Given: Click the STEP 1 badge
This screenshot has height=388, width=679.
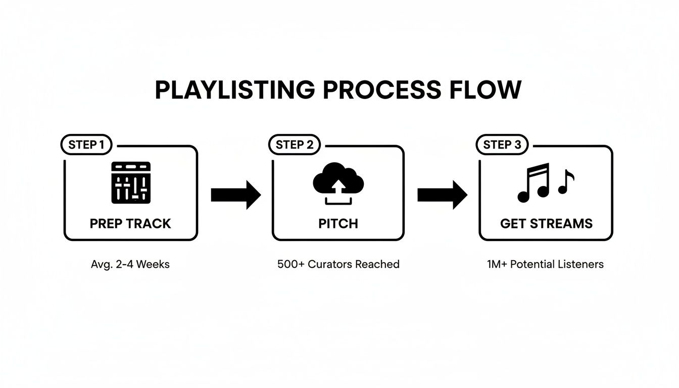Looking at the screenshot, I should (x=86, y=145).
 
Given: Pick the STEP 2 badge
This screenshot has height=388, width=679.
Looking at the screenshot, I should (x=295, y=145).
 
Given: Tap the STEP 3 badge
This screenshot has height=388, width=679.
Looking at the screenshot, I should (x=502, y=145).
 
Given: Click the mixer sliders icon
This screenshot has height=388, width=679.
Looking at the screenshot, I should (x=130, y=182).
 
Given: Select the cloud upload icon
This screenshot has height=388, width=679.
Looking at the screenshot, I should (x=338, y=184).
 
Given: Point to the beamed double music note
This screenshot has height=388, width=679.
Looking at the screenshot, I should (x=533, y=183).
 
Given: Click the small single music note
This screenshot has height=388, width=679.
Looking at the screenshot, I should (x=566, y=182).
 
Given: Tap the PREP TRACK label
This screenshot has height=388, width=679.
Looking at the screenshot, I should (x=130, y=223).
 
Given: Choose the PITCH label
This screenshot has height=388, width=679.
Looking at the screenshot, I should (x=338, y=223).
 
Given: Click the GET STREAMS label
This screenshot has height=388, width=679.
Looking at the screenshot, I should (x=546, y=223).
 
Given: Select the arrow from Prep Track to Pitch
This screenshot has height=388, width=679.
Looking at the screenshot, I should (x=235, y=195).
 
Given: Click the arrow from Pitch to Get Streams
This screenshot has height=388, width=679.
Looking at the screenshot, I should (x=442, y=195).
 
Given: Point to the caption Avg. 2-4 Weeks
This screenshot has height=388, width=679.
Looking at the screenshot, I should (x=130, y=264).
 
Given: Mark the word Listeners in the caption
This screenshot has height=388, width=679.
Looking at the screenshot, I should (x=583, y=264).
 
